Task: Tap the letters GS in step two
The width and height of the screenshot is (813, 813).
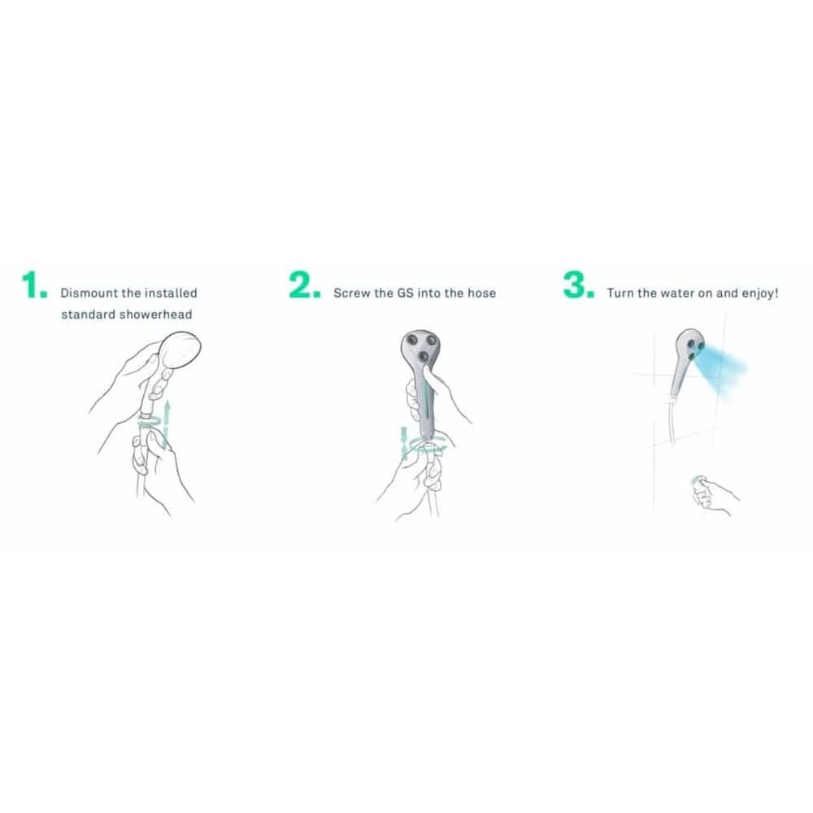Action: pyautogui.click(x=406, y=293)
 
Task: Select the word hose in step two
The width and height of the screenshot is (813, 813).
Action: pyautogui.click(x=481, y=293)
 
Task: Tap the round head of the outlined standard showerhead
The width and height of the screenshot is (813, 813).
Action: pyautogui.click(x=180, y=350)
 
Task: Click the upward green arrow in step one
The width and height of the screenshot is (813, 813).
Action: pyautogui.click(x=167, y=420)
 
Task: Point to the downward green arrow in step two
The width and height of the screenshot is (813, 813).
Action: pyautogui.click(x=404, y=443)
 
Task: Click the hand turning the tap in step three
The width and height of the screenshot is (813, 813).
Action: pyautogui.click(x=713, y=494)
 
